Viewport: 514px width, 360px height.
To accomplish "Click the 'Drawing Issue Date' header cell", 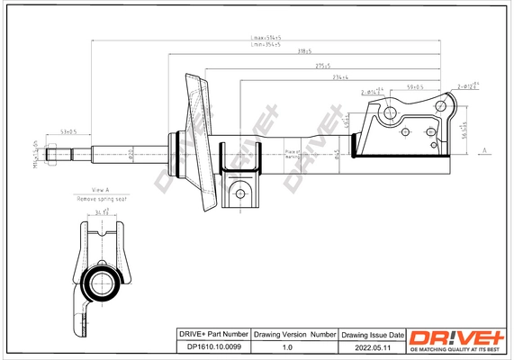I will tap(371, 334).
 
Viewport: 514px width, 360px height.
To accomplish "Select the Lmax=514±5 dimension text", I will tap(265, 38).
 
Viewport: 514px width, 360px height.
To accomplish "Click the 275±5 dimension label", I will tap(320, 66).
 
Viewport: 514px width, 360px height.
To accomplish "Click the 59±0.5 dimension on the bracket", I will tap(415, 86).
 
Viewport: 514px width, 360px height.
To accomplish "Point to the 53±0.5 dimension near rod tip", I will tap(68, 131).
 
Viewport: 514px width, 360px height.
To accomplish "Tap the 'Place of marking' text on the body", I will tap(292, 155).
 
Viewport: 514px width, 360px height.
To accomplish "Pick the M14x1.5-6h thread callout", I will tap(37, 154).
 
